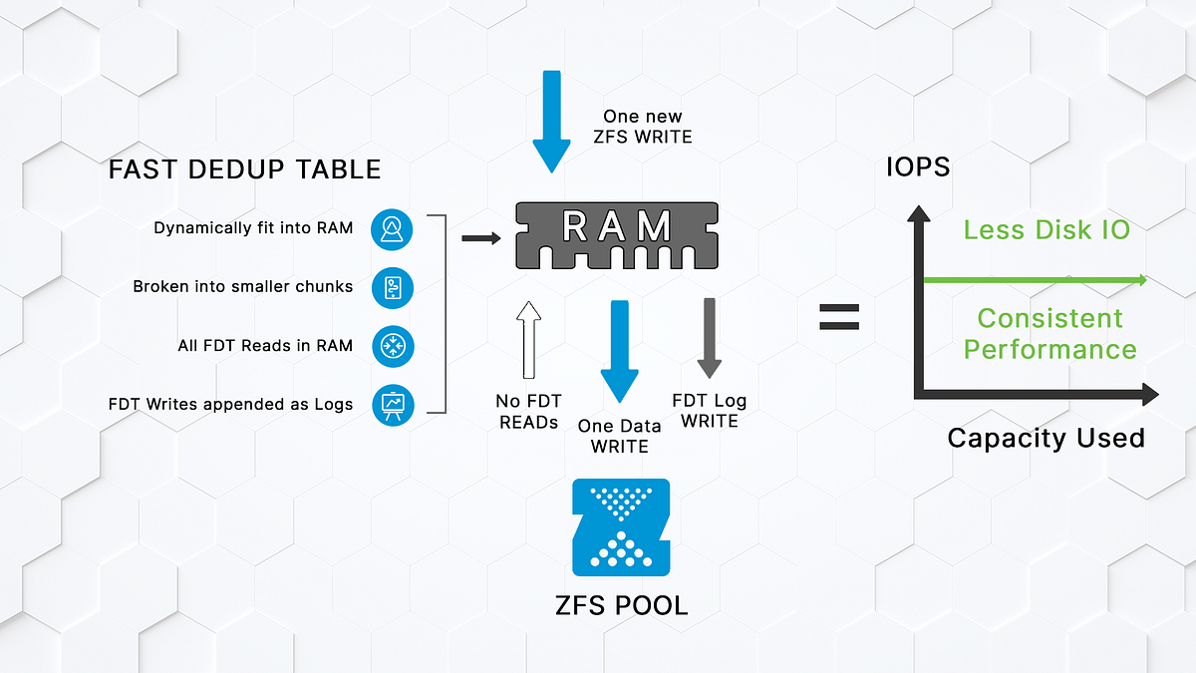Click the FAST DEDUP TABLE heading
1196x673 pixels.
click(244, 169)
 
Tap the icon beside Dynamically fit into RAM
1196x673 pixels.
click(392, 229)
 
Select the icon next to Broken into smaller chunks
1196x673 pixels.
click(392, 287)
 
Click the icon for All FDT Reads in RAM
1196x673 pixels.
click(392, 346)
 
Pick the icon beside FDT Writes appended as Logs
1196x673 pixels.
click(392, 404)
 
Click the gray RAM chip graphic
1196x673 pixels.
click(616, 233)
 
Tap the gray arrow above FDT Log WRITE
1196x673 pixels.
click(709, 337)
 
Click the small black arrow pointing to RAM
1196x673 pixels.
click(480, 238)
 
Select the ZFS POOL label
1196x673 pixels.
click(621, 604)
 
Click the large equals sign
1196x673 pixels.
click(839, 318)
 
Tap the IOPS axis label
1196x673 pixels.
click(917, 168)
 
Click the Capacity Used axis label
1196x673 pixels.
click(1046, 438)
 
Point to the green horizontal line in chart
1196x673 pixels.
click(1037, 281)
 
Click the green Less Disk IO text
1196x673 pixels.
click(1046, 229)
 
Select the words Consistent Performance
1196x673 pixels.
click(1049, 334)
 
